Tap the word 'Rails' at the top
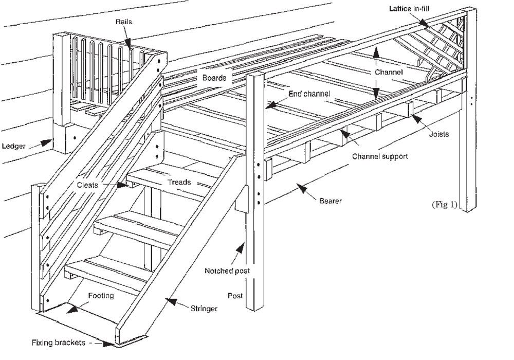click(123, 22)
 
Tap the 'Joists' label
click(438, 135)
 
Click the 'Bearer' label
click(330, 201)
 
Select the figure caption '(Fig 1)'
click(444, 204)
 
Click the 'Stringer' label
click(204, 309)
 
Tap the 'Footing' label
click(100, 296)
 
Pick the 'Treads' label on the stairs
click(179, 182)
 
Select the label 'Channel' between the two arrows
click(388, 73)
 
